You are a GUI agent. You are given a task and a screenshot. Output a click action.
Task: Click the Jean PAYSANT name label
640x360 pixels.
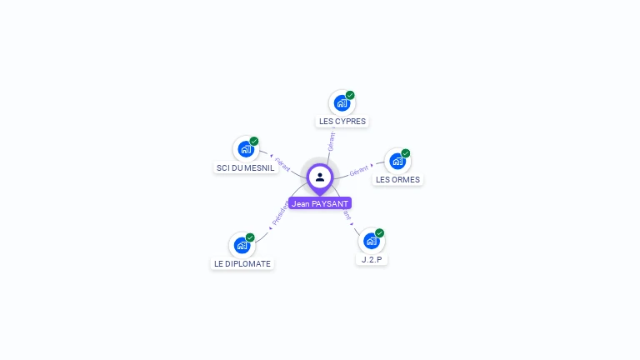(x=320, y=203)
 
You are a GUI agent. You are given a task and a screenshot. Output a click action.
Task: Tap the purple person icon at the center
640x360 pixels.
(x=320, y=177)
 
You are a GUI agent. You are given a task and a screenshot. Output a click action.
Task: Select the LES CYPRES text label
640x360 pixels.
(x=342, y=121)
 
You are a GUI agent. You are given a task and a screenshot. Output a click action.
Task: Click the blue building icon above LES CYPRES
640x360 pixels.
(x=341, y=103)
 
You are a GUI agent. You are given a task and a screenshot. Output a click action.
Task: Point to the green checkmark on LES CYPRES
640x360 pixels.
(x=351, y=95)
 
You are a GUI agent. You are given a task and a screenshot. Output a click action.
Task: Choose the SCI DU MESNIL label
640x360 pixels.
(x=245, y=167)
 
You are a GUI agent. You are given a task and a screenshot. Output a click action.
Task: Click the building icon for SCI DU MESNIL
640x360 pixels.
(x=245, y=149)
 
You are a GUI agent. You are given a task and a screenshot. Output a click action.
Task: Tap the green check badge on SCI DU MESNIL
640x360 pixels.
(x=254, y=141)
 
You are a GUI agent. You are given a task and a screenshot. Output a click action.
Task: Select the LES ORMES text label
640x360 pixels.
(x=397, y=179)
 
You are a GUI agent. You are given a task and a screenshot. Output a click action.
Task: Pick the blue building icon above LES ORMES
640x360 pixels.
(x=397, y=161)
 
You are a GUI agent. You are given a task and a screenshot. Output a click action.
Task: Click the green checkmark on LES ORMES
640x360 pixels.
(x=406, y=153)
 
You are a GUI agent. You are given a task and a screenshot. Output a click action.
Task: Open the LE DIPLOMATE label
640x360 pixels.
(x=242, y=263)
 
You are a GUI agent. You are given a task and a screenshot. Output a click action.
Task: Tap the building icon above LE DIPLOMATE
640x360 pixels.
(x=242, y=246)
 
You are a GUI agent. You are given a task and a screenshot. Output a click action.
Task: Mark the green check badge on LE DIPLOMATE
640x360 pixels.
(x=250, y=237)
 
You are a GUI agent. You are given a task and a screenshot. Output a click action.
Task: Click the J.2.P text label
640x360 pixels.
(x=372, y=259)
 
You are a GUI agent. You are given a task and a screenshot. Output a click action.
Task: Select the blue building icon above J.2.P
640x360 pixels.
(x=371, y=241)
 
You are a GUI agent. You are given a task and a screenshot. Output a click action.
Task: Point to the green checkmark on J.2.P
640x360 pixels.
(x=380, y=232)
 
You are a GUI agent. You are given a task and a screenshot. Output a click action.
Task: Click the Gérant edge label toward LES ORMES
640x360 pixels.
(x=359, y=170)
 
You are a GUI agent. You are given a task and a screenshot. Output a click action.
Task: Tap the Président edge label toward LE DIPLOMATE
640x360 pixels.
(x=281, y=214)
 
